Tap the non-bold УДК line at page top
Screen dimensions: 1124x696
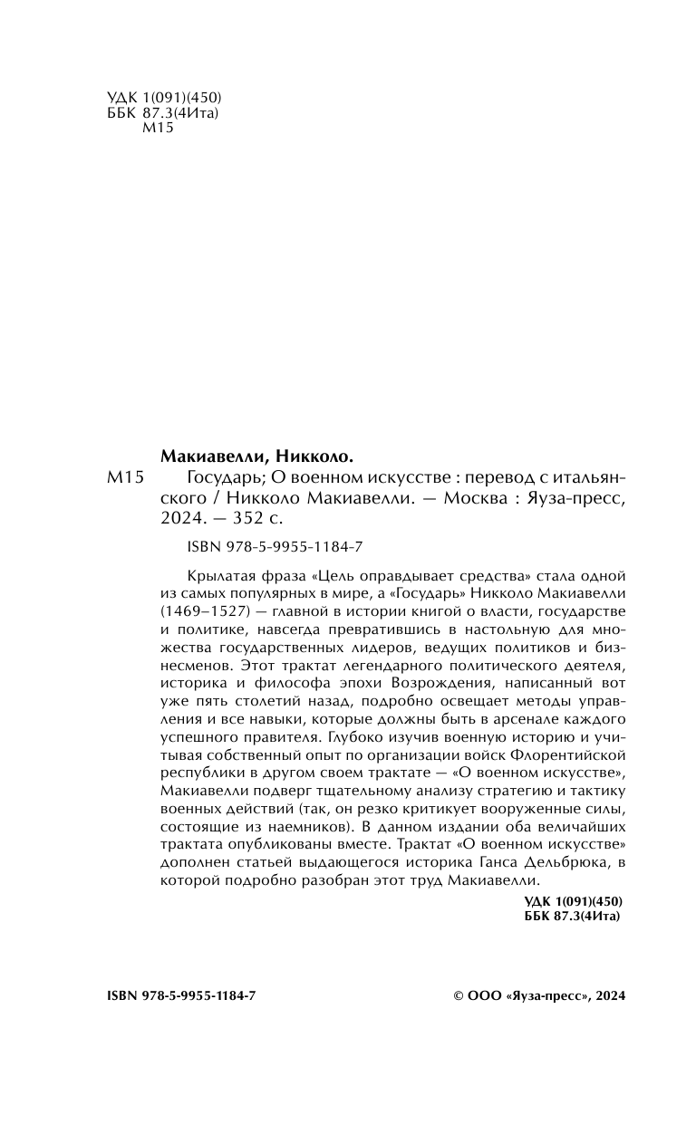[x=159, y=97]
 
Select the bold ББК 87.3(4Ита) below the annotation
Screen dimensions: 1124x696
[x=575, y=917]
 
